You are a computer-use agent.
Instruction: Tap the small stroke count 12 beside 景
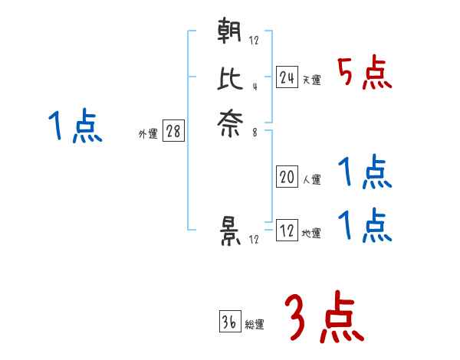click(x=254, y=240)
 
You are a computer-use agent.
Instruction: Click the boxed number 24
click(x=287, y=77)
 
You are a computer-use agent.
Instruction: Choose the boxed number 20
click(x=287, y=178)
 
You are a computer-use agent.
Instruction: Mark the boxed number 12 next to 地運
click(x=287, y=231)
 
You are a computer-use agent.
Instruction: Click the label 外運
click(x=147, y=134)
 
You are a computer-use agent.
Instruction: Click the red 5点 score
click(x=365, y=74)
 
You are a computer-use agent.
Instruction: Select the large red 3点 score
click(x=323, y=318)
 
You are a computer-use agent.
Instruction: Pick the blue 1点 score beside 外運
click(x=75, y=127)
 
